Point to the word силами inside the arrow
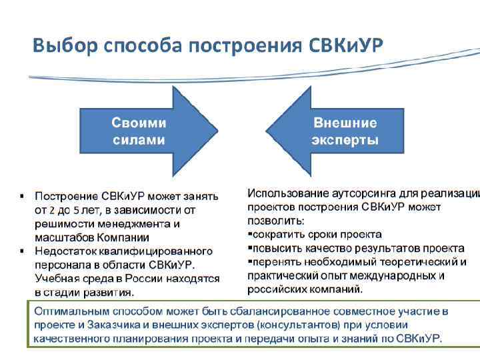[139, 141]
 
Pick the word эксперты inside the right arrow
[345, 141]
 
